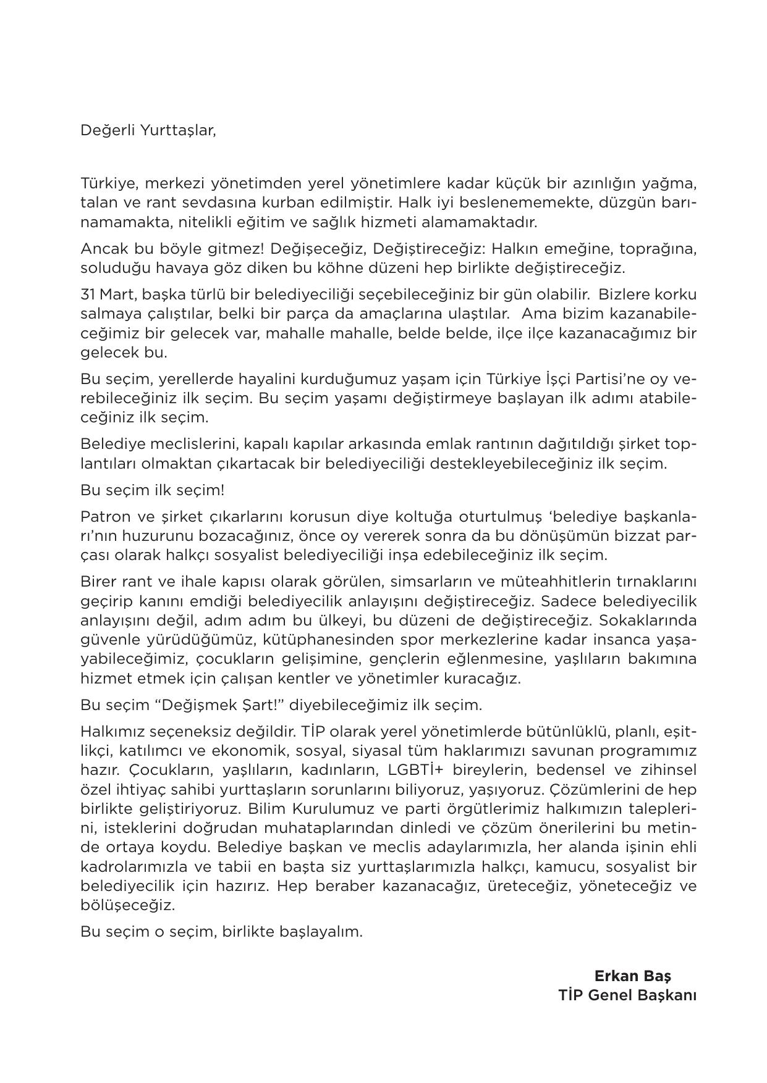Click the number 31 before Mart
(87, 295)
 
